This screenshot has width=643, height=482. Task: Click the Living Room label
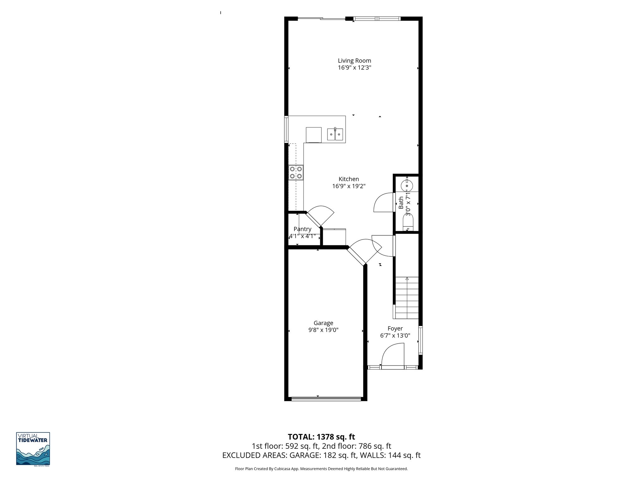(x=354, y=61)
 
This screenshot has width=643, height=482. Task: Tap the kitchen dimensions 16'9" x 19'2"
(x=349, y=186)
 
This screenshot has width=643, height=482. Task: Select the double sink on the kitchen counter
(x=335, y=134)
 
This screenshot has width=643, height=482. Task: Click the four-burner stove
(x=76, y=173)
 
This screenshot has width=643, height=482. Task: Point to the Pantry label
(x=302, y=229)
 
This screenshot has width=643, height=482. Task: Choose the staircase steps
(x=407, y=298)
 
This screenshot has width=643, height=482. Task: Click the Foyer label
(x=395, y=329)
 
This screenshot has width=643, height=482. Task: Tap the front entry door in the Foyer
(x=392, y=355)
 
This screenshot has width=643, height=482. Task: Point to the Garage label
(x=323, y=323)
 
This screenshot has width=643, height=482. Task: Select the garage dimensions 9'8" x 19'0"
(x=323, y=330)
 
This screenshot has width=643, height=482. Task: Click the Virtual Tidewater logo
(x=33, y=449)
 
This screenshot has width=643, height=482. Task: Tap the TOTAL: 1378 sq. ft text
(x=321, y=437)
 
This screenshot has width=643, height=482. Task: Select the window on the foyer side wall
(x=420, y=340)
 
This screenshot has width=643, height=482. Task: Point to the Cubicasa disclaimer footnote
(x=321, y=469)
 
